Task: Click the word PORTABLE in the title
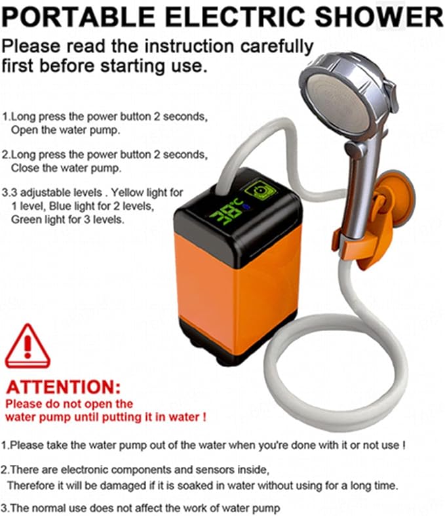(x=78, y=16)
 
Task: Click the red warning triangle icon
(x=28, y=346)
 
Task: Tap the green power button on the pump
(x=260, y=190)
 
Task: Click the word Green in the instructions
(x=25, y=220)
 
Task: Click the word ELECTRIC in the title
(x=235, y=16)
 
